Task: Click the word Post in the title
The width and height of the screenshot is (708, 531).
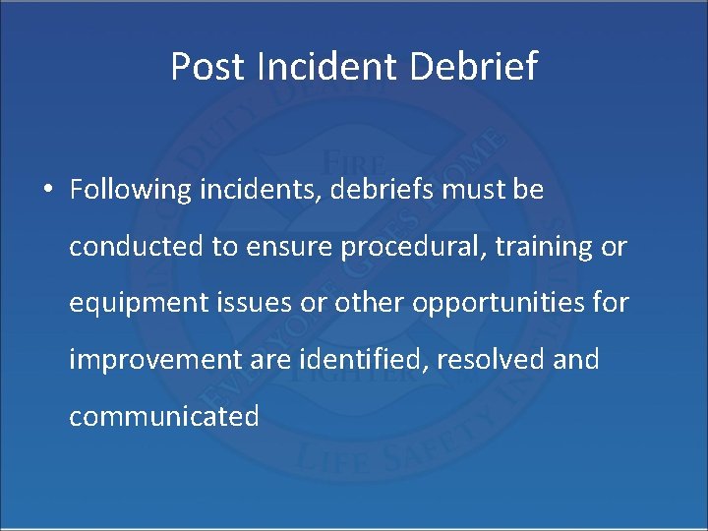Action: [x=208, y=67]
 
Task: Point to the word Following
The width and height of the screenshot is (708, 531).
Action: [x=128, y=190]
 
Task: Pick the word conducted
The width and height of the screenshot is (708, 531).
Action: [x=137, y=247]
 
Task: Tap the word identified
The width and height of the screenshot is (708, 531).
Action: [x=371, y=360]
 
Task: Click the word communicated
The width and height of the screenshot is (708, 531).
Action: [x=164, y=416]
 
